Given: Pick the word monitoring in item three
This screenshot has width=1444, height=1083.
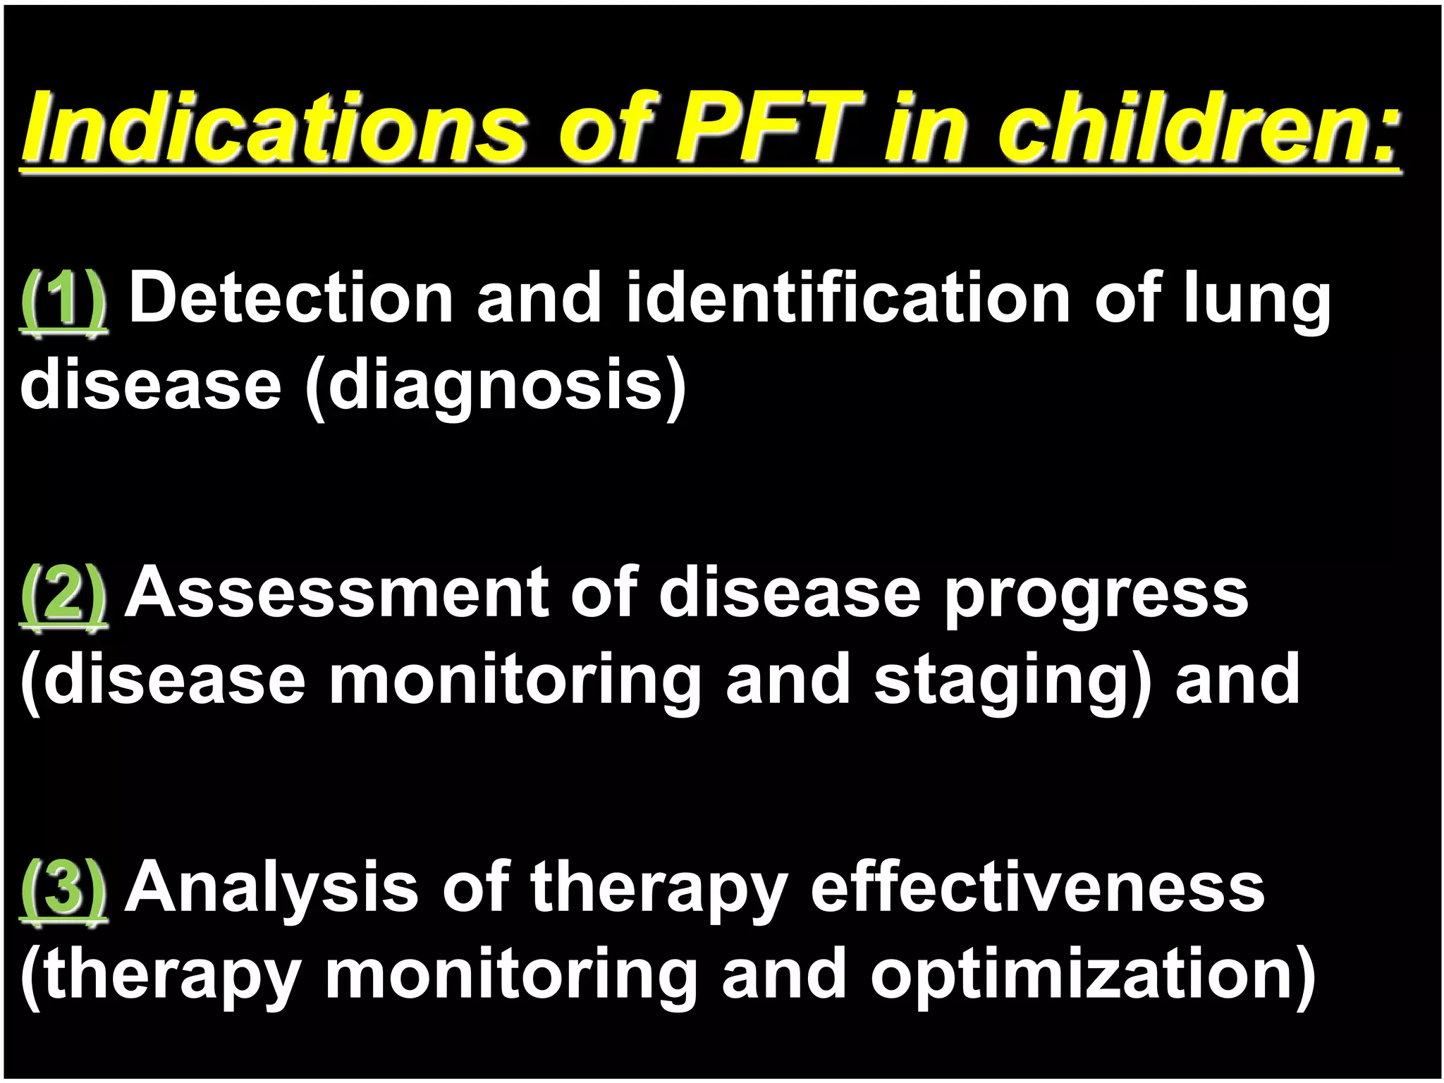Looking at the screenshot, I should click(x=511, y=977).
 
